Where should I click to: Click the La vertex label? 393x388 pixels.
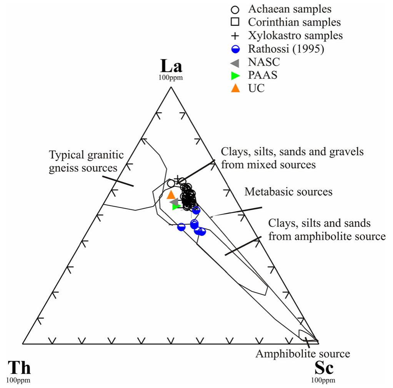171,66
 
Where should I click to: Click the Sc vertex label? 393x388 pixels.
324,368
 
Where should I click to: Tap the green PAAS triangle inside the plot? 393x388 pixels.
176,207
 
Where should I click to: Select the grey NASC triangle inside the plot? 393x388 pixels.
174,202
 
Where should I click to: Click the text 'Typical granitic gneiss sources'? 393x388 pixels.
87,162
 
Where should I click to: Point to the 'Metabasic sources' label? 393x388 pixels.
288,191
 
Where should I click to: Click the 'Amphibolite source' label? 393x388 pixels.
303,354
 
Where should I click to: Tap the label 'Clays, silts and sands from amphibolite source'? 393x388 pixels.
326,230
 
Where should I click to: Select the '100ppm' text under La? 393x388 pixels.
171,78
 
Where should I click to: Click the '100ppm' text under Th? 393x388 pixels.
18,380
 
